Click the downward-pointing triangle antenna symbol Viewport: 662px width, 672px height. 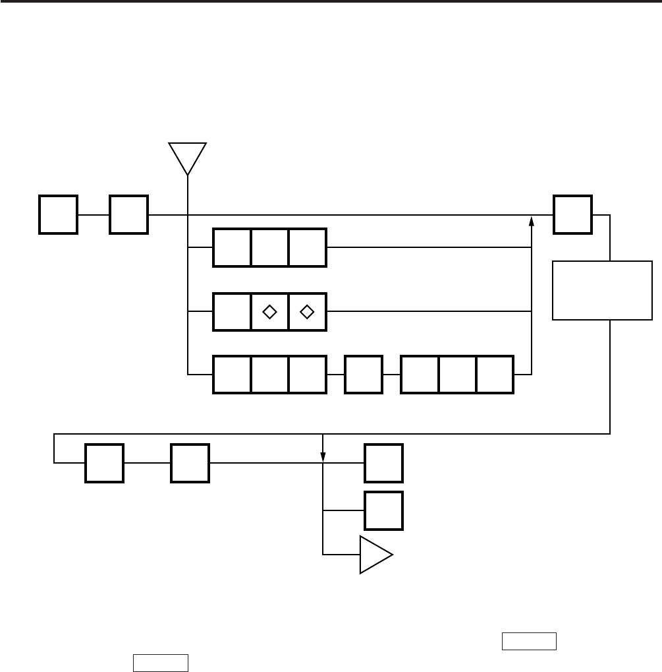point(188,156)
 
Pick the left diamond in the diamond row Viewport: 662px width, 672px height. point(269,311)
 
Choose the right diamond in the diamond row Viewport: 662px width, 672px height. point(307,311)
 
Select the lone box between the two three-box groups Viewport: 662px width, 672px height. point(364,375)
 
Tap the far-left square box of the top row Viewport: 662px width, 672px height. point(59,214)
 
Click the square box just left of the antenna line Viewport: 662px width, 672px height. point(129,214)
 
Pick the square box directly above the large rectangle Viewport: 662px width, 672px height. point(572,214)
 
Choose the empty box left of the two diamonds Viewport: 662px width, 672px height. point(232,311)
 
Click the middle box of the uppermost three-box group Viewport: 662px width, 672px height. point(269,248)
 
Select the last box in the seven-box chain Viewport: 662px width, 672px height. point(495,375)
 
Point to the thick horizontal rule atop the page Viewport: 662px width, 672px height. point(331,2)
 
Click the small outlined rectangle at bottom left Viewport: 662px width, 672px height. point(161,662)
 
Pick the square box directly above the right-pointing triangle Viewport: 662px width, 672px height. point(384,510)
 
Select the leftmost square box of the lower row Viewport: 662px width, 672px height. point(104,463)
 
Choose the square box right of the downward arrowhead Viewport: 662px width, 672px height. point(384,463)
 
